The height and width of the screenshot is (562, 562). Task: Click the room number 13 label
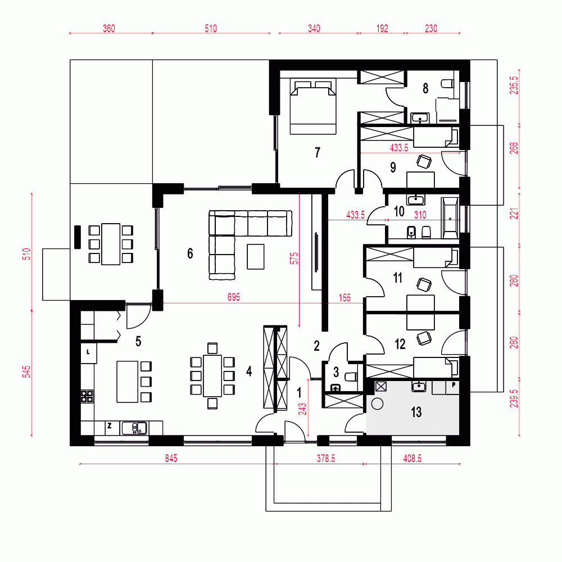pos(416,412)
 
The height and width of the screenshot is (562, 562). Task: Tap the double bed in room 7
pos(313,107)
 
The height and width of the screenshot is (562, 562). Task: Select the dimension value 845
pos(171,458)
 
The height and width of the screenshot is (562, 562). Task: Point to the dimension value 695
pos(234,297)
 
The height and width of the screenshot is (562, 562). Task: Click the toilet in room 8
pos(448,84)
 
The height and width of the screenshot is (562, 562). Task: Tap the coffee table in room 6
pos(256,257)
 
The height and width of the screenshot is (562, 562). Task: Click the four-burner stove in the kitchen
pos(87,396)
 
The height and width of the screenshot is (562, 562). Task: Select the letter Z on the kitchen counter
pos(110,426)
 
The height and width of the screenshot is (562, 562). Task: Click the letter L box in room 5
pos(89,353)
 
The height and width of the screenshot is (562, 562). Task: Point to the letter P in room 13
pos(454,386)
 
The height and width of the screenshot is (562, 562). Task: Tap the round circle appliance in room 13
pos(377,404)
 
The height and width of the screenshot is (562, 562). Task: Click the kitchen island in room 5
pos(127,382)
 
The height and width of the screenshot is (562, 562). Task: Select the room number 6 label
pos(190,253)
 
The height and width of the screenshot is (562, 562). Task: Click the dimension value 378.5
pos(326,458)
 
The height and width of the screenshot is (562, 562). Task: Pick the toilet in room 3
pos(351,377)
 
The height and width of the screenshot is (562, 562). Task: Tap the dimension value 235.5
pos(514,85)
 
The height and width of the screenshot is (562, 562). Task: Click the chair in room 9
pos(424,161)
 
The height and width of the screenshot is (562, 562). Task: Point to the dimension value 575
pos(294,259)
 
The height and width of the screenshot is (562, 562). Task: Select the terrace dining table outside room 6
pos(111,244)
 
